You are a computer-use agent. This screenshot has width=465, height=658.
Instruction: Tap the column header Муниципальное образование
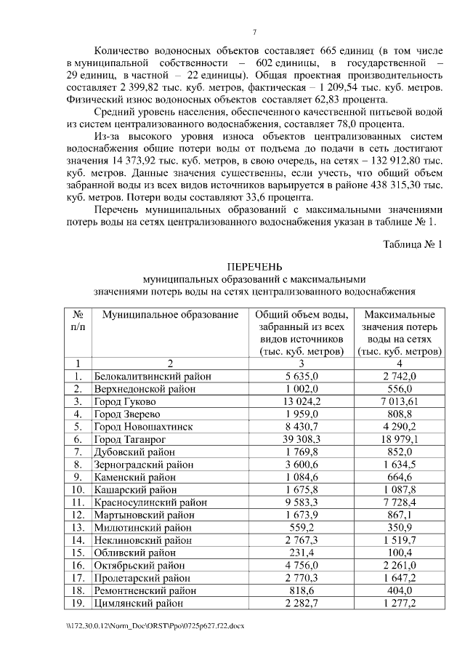[x=170, y=315]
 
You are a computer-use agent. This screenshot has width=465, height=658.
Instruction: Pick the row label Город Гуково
[x=125, y=401]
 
